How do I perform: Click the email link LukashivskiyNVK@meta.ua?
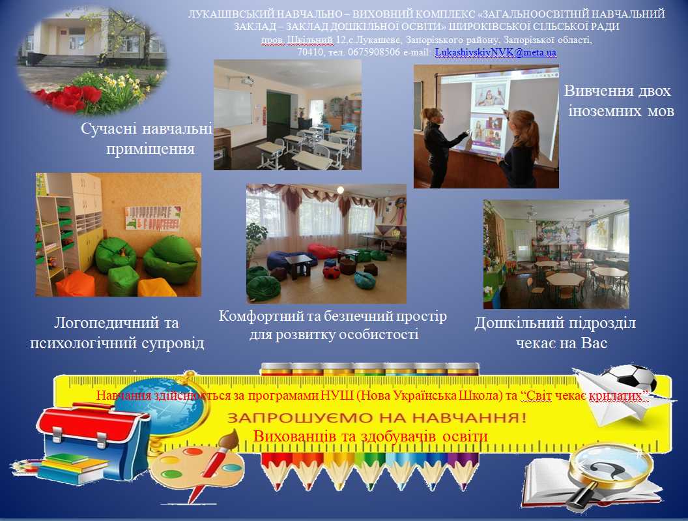(495, 52)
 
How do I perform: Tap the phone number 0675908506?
(374, 52)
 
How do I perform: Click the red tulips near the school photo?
(68, 98)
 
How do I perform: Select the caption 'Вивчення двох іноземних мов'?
(619, 100)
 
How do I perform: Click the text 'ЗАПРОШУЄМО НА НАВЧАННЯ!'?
(377, 417)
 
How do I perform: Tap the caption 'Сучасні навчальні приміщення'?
(147, 139)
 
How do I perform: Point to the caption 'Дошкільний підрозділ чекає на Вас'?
(556, 333)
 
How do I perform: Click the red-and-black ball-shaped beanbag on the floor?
(332, 272)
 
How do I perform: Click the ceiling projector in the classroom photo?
(244, 81)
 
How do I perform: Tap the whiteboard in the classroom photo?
(233, 108)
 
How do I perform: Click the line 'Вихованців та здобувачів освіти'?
(371, 437)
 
